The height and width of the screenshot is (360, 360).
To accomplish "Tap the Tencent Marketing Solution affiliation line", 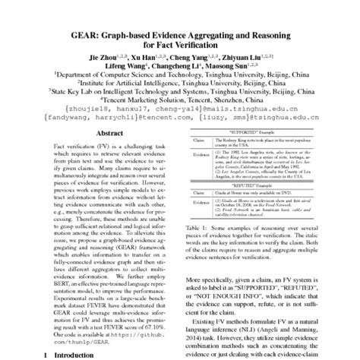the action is coord(180,105).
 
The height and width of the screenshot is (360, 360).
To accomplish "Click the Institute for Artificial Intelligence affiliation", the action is coord(180,85).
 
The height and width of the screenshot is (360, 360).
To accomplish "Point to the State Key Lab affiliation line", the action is coord(180,95).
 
